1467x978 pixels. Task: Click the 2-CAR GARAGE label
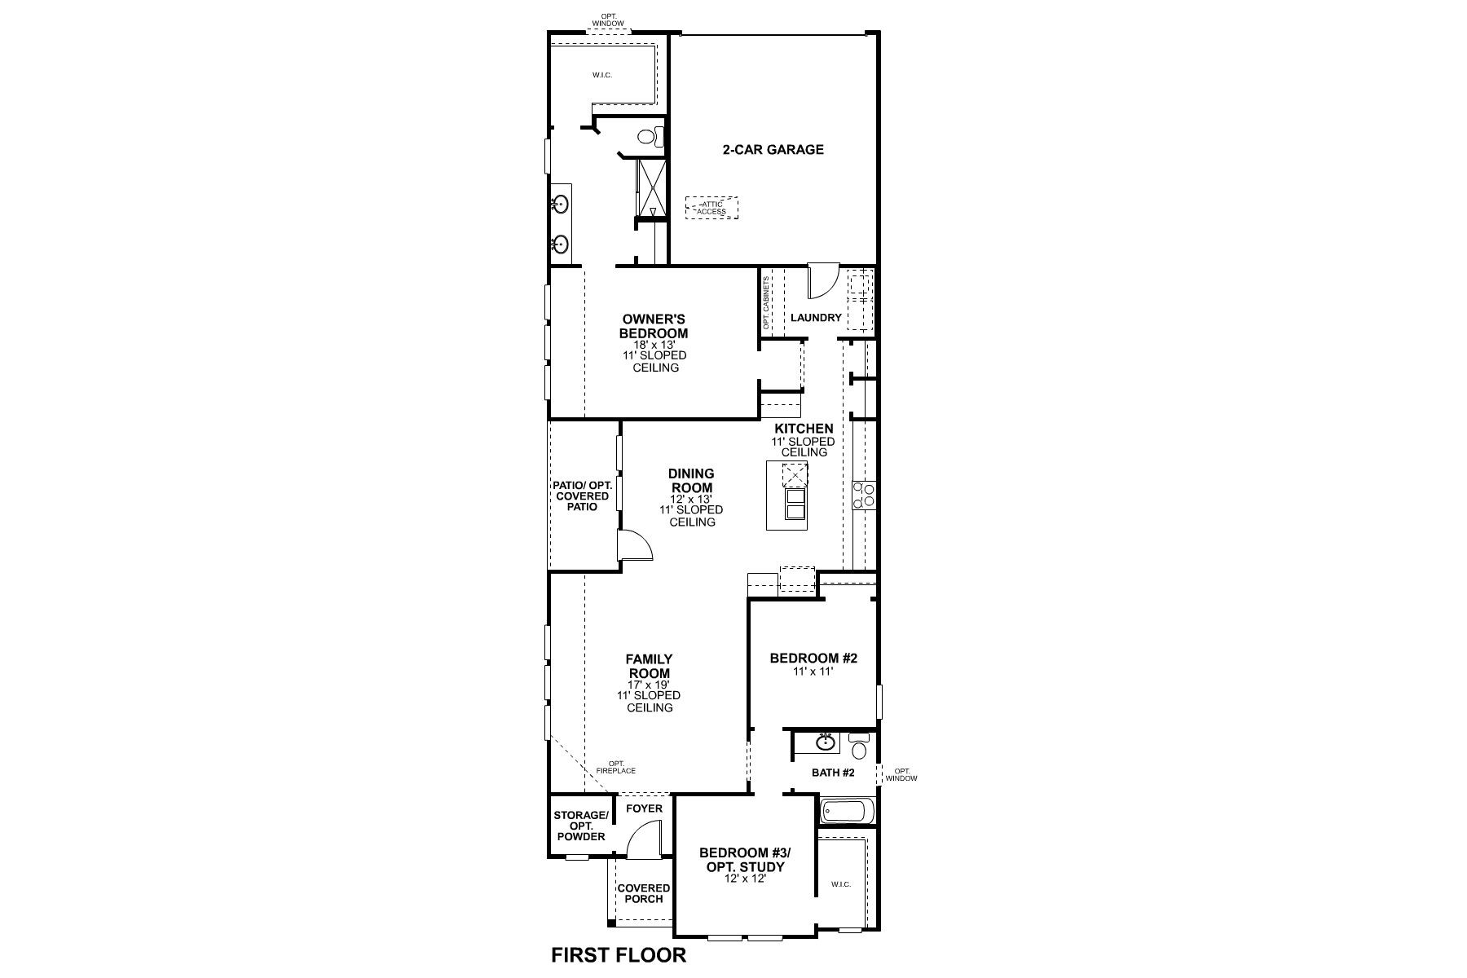773,150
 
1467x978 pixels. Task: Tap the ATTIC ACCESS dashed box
711,208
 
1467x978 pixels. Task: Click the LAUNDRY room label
815,318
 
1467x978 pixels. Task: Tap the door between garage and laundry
821,281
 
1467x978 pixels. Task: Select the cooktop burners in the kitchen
863,495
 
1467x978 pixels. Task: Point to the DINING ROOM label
691,481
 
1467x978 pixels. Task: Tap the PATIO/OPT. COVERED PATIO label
582,496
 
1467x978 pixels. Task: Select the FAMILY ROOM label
649,666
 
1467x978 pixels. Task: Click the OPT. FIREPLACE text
615,767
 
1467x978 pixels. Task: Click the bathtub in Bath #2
847,811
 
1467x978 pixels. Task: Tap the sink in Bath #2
826,742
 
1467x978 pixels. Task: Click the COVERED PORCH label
643,893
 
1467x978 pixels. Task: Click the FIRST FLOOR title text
619,955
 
